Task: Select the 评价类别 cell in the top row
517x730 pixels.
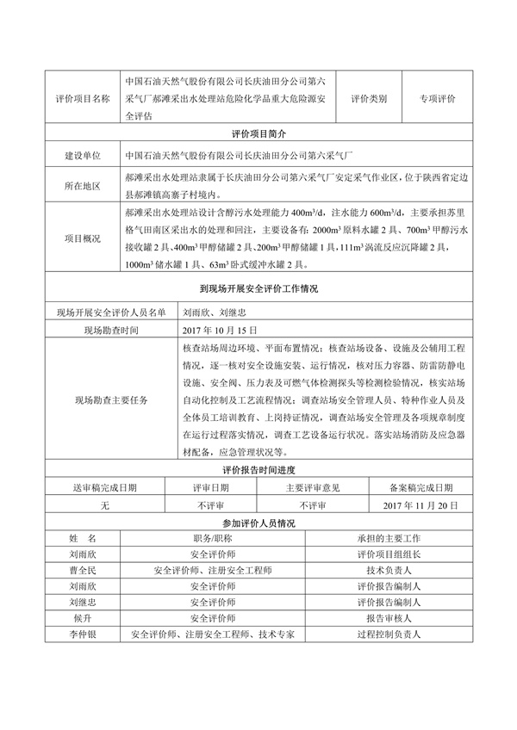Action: [x=368, y=99]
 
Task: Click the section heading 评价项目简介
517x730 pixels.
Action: [x=258, y=134]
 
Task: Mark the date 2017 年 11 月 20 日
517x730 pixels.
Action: [x=415, y=505]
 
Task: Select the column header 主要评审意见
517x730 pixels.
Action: [x=313, y=487]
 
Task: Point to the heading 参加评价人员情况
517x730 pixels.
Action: [x=258, y=523]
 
